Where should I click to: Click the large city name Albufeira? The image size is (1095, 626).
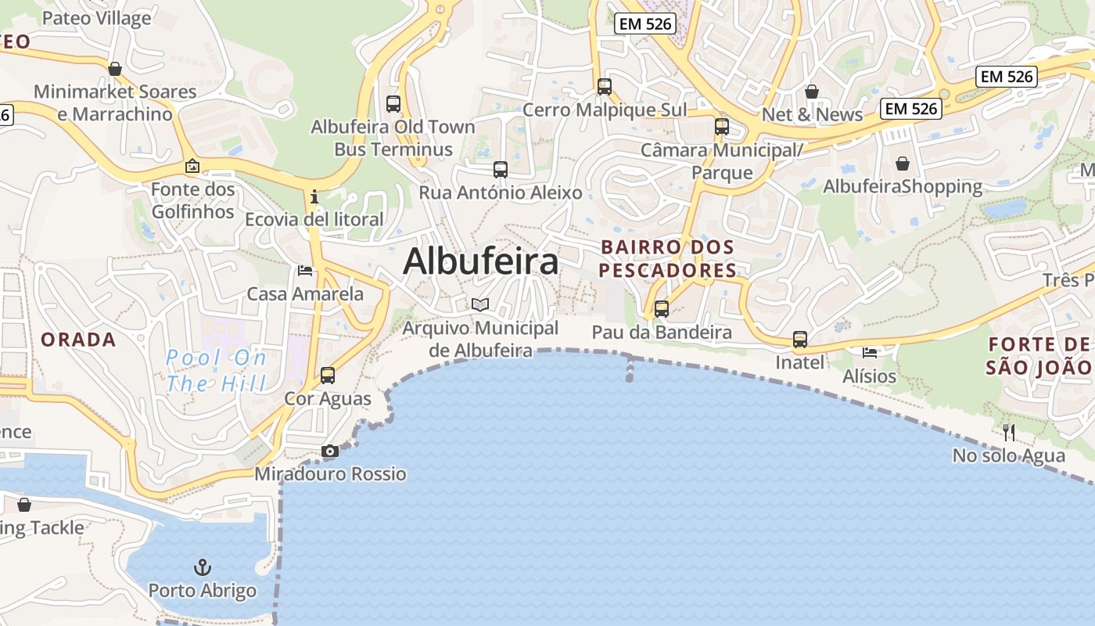[480, 261]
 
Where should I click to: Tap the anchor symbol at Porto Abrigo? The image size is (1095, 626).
[203, 567]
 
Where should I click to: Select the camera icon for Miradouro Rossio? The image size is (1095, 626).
[330, 452]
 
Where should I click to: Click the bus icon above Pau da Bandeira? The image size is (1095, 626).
[662, 309]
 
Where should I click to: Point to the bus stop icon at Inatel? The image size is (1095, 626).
[799, 340]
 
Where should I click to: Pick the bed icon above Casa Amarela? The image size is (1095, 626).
[305, 271]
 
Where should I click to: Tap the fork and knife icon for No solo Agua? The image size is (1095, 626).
[1009, 432]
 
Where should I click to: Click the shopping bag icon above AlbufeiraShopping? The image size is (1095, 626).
[903, 164]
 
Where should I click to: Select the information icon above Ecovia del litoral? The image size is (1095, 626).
[314, 196]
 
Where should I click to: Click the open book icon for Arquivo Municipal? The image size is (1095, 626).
[480, 304]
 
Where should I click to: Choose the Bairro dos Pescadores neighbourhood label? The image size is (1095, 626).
[668, 259]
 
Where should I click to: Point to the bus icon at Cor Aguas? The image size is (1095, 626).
[328, 376]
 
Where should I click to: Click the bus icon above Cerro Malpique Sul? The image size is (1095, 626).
[604, 87]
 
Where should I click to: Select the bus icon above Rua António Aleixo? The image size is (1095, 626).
[501, 170]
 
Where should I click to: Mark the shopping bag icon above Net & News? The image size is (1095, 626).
[812, 92]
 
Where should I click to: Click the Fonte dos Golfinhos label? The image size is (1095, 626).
[192, 200]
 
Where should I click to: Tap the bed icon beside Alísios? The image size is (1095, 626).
[870, 353]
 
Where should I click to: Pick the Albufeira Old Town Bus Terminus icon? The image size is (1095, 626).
[393, 103]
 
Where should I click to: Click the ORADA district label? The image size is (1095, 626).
[78, 340]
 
